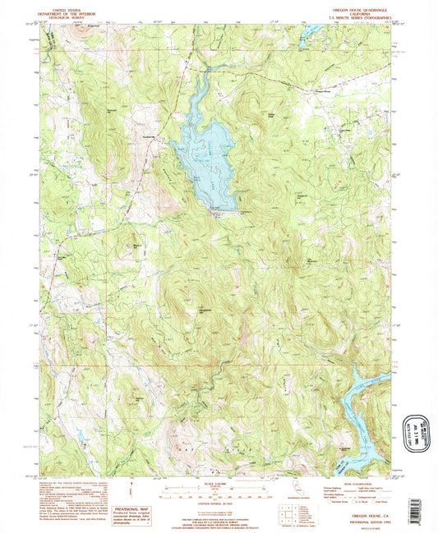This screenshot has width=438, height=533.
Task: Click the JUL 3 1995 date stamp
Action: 414,429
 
